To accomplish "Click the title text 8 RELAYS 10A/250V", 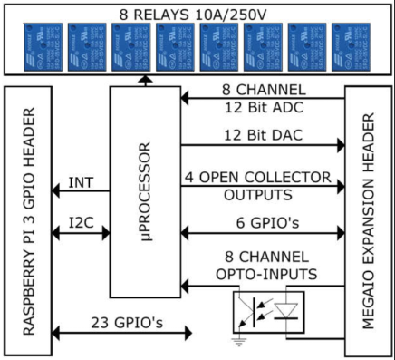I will [x=197, y=13].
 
